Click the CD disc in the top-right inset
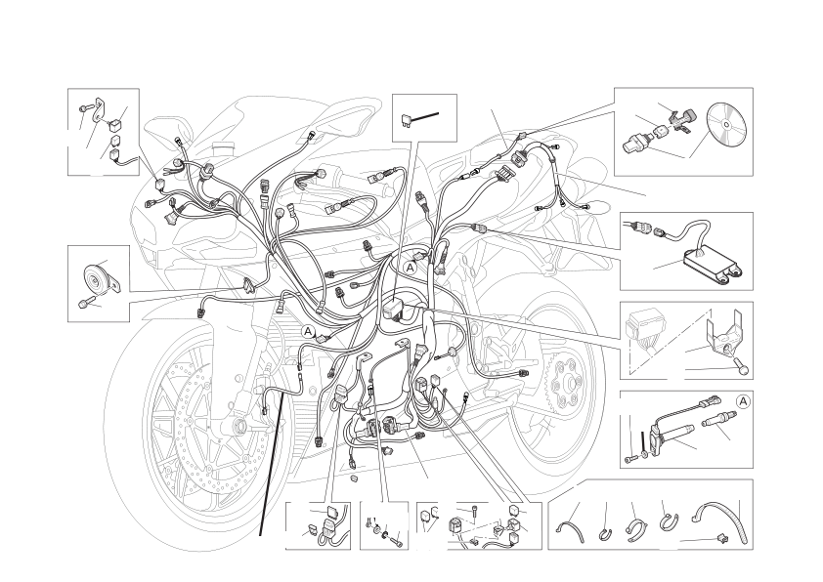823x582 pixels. click(726, 125)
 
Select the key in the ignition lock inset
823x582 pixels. click(681, 119)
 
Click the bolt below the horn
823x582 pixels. click(84, 303)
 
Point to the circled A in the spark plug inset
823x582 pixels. click(743, 401)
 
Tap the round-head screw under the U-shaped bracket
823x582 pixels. click(743, 368)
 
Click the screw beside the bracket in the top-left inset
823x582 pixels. click(86, 108)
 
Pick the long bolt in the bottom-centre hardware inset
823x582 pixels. click(396, 537)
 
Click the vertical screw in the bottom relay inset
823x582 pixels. click(474, 512)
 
